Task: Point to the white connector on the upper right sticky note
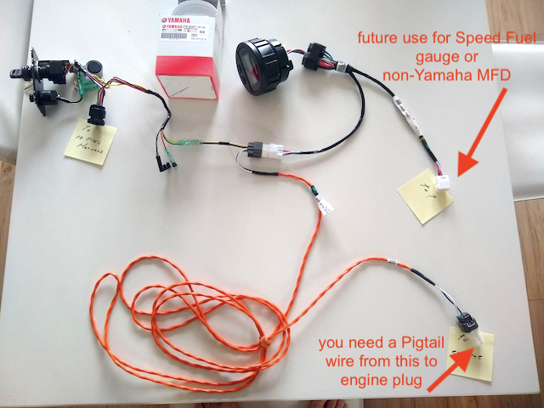pos(443,183)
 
